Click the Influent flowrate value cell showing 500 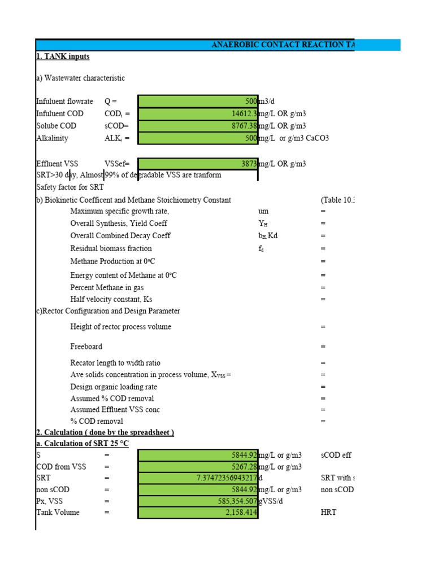click(x=198, y=102)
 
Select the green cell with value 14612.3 click(x=198, y=113)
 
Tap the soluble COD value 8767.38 click(x=198, y=126)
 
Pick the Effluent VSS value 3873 click(x=198, y=164)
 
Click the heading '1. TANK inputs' click(x=63, y=56)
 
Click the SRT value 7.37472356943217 click(x=198, y=478)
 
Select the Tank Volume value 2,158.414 click(x=198, y=513)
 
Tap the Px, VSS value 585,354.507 click(x=198, y=501)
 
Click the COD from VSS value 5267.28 click(x=198, y=467)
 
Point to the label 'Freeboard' click(x=86, y=346)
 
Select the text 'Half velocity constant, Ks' click(x=111, y=299)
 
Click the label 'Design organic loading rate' click(x=114, y=387)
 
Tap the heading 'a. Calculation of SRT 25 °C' click(x=82, y=444)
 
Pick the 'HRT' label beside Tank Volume click(x=328, y=513)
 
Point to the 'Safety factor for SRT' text click(x=70, y=187)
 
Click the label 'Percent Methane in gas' click(x=107, y=287)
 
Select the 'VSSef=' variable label click(x=117, y=164)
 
